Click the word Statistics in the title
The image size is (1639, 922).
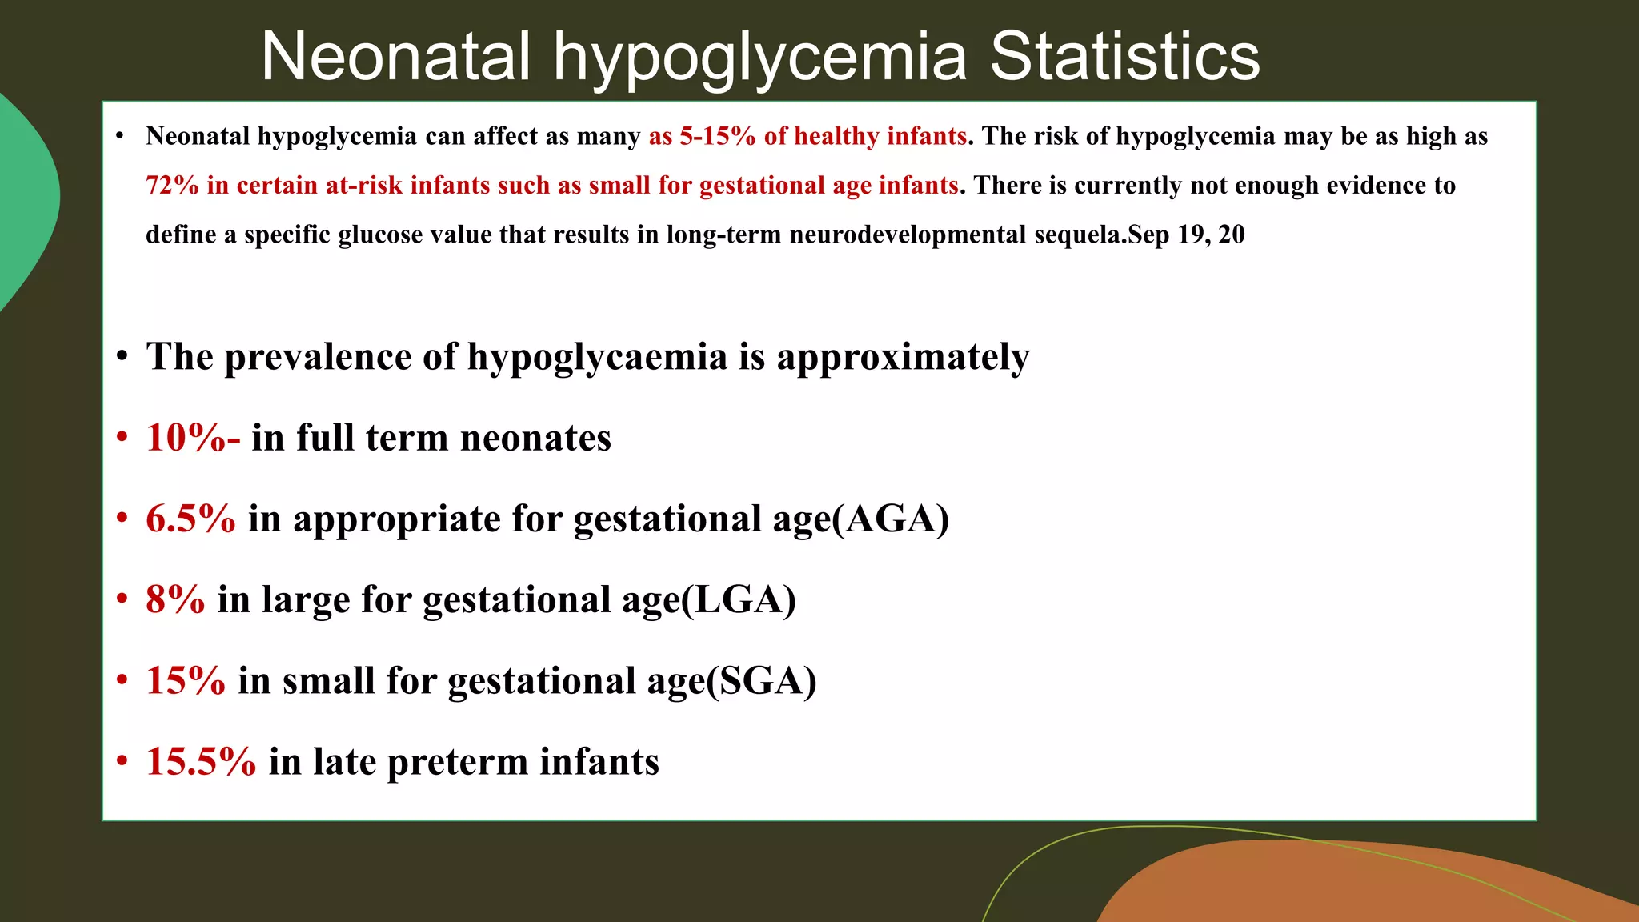pyautogui.click(x=1124, y=57)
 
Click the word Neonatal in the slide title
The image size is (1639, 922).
pyautogui.click(x=396, y=57)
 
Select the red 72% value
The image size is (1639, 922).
pyautogui.click(x=172, y=186)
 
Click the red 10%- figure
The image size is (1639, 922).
pyautogui.click(x=193, y=438)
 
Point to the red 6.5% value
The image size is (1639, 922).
pyautogui.click(x=190, y=519)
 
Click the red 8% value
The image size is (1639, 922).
pyautogui.click(x=175, y=599)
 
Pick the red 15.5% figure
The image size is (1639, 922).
pyautogui.click(x=201, y=761)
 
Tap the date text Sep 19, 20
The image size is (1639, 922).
pyautogui.click(x=1187, y=235)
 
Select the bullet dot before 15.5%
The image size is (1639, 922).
pyautogui.click(x=122, y=760)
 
